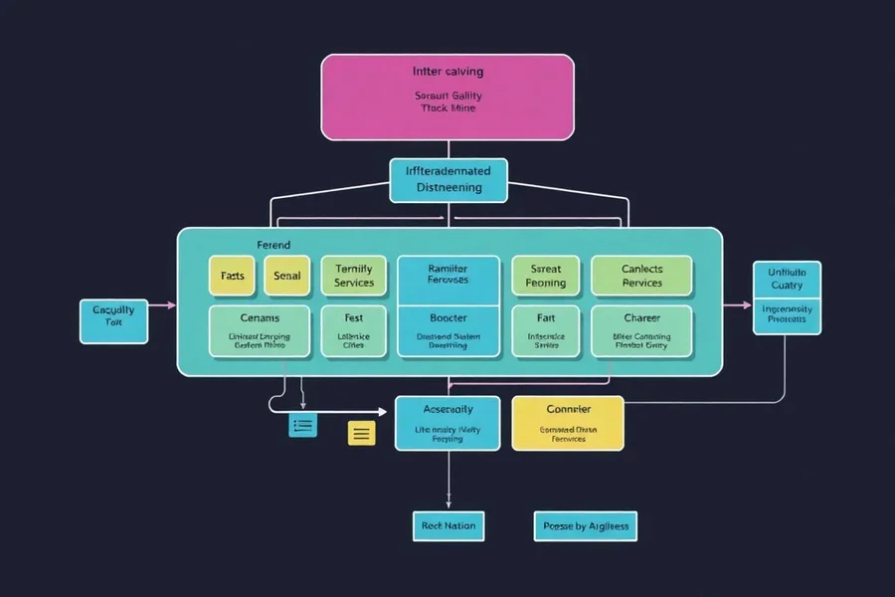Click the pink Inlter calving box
point(447,97)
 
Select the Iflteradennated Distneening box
point(447,179)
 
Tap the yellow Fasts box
point(232,276)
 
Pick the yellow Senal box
point(287,276)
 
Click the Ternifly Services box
point(354,276)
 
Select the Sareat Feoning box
point(545,276)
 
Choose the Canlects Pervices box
point(641,276)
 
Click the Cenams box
point(260,331)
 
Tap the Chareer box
point(641,331)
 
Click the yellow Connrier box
point(568,422)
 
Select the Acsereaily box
point(447,422)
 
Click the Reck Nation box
point(447,525)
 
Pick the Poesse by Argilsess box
point(585,525)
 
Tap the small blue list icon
point(302,426)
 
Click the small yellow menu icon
point(361,433)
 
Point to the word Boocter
point(447,318)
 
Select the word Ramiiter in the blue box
point(447,269)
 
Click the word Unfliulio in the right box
point(787,272)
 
